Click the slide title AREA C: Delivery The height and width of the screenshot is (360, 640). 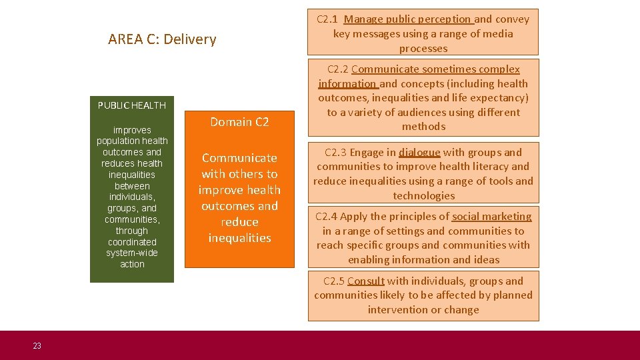(x=162, y=39)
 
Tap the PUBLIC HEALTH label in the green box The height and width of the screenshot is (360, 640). (x=132, y=105)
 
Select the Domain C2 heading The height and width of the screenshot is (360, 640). (x=239, y=121)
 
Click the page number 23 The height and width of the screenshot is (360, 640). (x=37, y=345)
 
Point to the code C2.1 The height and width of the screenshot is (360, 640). (x=327, y=19)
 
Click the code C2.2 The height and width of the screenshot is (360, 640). (x=338, y=69)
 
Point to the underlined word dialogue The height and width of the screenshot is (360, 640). (x=419, y=153)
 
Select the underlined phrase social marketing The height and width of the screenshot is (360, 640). (x=492, y=216)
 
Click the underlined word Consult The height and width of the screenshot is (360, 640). (x=366, y=281)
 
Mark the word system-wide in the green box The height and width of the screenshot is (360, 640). (x=132, y=253)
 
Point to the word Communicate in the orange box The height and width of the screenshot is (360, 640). (x=239, y=158)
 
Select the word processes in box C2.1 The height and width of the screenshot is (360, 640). (x=423, y=49)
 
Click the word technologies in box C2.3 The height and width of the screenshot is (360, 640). (x=423, y=196)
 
